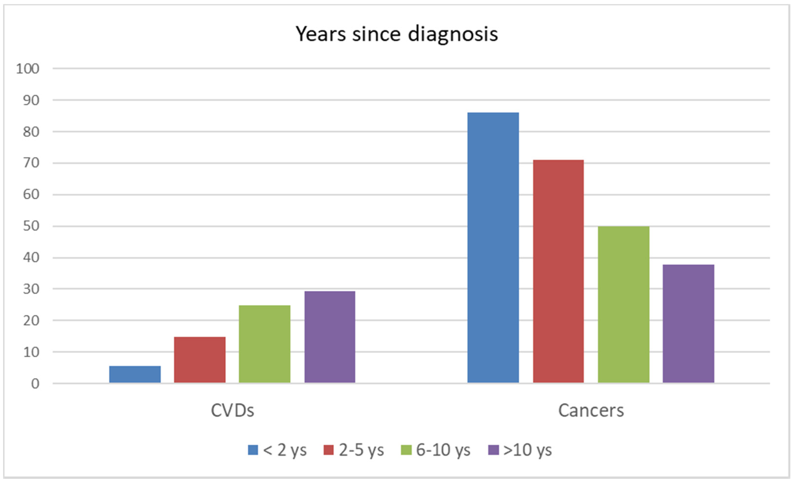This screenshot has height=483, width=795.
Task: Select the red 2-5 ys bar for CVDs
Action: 200,360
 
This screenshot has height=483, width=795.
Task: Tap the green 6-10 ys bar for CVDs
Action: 265,344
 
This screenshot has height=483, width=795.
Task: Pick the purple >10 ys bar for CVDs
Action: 330,337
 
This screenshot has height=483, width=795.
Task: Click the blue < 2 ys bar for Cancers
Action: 493,248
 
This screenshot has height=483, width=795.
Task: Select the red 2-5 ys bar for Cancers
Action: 558,271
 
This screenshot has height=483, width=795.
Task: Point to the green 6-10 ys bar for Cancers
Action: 623,305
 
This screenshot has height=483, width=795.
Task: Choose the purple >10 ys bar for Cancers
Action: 688,324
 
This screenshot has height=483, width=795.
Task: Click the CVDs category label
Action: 232,411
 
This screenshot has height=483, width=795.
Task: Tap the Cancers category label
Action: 591,411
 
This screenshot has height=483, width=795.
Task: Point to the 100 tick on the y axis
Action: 28,69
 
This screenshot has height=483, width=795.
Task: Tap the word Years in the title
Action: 321,34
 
